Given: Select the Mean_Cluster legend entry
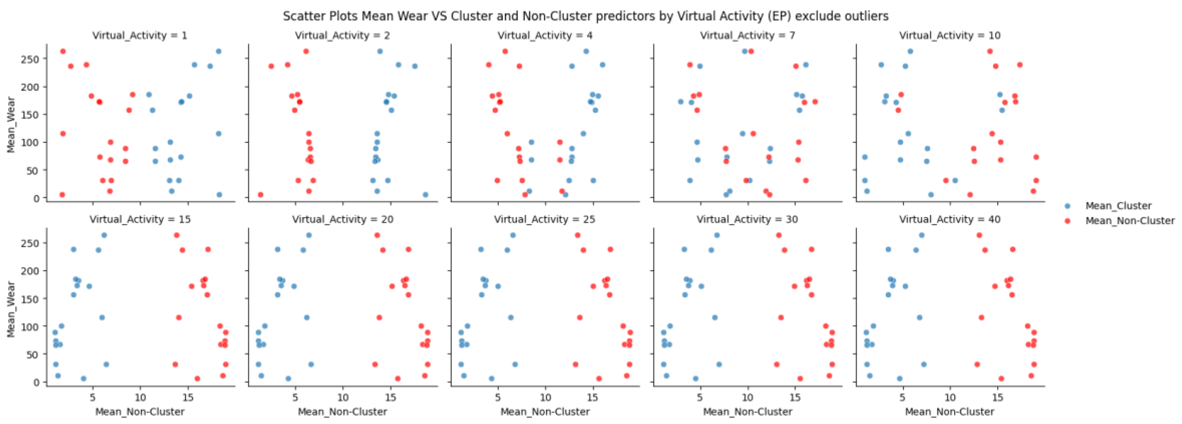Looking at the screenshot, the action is coord(1112,206).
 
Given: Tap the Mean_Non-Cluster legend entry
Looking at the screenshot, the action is coord(1119,221).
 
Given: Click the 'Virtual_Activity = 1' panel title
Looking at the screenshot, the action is coord(140,35).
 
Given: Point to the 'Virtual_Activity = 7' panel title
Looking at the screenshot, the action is coord(747,35).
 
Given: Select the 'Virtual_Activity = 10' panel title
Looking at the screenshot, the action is coord(950,35).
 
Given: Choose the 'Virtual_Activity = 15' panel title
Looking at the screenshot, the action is coord(140,219).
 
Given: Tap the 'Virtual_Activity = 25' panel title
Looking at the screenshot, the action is coord(545,219).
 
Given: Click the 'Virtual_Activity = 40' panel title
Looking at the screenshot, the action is coord(950,219).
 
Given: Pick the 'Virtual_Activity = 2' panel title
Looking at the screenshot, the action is coord(342,35).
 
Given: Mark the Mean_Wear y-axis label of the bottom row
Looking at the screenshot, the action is coord(11,309).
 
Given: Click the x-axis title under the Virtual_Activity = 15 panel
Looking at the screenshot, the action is coord(140,412).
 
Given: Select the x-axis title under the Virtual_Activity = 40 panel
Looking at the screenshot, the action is coord(950,412).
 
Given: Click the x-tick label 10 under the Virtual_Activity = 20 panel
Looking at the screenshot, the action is coord(343,397).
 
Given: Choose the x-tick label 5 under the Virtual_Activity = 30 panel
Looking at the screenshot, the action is coord(700,397).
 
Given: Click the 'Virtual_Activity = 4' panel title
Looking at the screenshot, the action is coord(545,35).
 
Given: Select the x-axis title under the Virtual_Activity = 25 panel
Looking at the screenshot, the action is coord(545,412).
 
